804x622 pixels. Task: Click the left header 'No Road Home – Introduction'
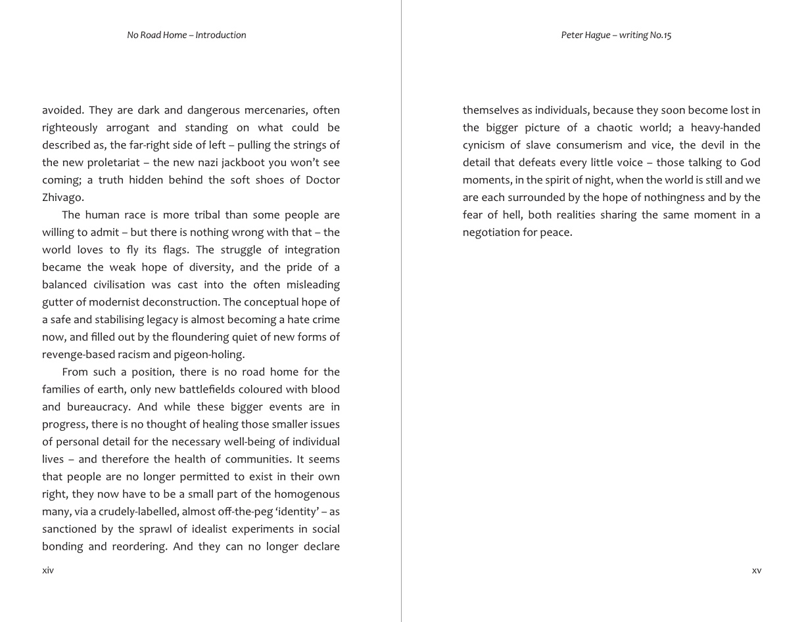(x=187, y=35)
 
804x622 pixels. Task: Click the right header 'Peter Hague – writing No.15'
(x=616, y=35)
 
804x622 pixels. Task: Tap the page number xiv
(x=48, y=570)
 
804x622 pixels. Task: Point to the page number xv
(x=757, y=570)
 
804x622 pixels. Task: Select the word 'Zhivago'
(x=62, y=198)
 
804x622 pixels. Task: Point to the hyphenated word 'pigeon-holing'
(x=209, y=355)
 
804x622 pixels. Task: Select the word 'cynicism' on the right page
(x=483, y=145)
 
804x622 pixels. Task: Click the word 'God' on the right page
(x=750, y=163)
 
